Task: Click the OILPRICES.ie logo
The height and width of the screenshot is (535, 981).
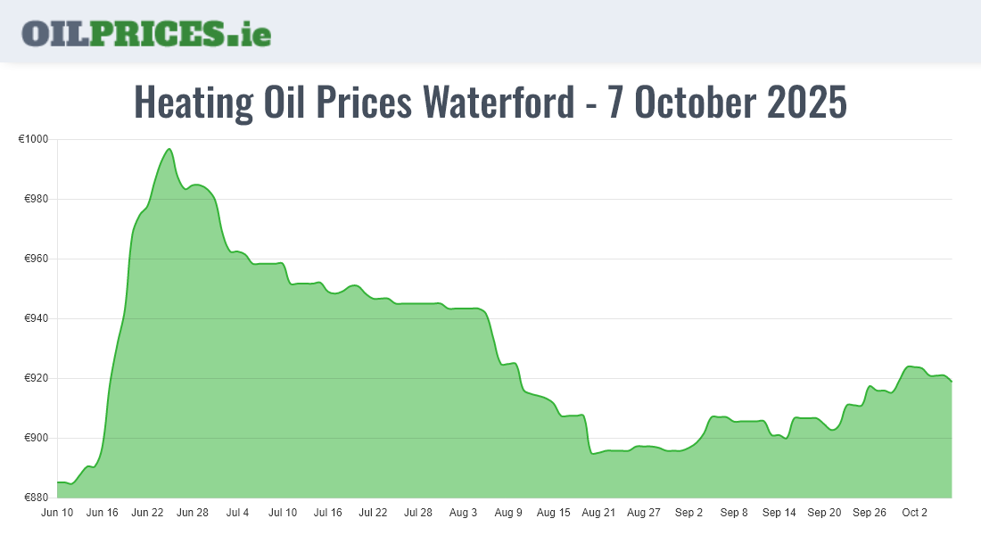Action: click(146, 33)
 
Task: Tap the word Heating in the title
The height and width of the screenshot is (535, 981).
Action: click(194, 103)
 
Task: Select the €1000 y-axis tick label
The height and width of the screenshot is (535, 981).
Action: click(33, 139)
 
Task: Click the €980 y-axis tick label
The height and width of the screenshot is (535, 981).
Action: click(36, 199)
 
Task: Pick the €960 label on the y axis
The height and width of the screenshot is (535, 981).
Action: click(36, 259)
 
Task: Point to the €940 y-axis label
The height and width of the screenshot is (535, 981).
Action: click(36, 318)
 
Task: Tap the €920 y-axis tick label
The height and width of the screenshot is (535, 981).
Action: click(36, 378)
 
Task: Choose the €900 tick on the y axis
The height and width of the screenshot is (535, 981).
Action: click(36, 438)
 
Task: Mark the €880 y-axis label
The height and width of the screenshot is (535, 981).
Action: click(36, 498)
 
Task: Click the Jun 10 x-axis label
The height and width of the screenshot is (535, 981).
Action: click(57, 513)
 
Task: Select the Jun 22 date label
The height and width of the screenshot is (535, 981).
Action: click(147, 513)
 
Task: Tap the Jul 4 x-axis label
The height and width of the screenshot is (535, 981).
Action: click(238, 513)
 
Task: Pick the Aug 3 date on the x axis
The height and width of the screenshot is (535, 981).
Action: click(464, 513)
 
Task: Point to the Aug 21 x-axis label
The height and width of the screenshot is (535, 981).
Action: click(598, 513)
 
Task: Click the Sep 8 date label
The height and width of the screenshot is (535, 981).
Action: click(734, 513)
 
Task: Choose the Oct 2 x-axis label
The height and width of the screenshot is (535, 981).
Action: click(915, 513)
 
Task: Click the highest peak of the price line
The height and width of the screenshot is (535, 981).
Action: click(169, 149)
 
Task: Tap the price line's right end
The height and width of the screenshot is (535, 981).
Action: click(952, 382)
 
